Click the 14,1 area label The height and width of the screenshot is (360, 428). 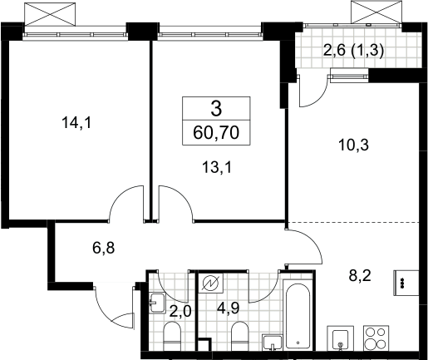[x=76, y=123]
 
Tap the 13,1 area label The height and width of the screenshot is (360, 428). [x=216, y=167]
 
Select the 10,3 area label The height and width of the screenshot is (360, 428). [x=353, y=145]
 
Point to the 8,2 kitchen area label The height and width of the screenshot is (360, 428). [x=360, y=276]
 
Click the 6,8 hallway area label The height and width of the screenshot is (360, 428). [x=104, y=248]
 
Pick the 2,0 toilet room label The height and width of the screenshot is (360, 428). [x=180, y=311]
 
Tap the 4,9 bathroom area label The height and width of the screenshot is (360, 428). [x=228, y=308]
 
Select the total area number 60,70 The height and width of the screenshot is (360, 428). [x=216, y=133]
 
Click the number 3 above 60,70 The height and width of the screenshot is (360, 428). [x=216, y=109]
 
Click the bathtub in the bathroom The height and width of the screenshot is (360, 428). [x=298, y=316]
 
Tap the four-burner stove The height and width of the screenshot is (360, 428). [x=376, y=338]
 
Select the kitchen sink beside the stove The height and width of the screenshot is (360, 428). [x=341, y=338]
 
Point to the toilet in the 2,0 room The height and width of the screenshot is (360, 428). [x=172, y=336]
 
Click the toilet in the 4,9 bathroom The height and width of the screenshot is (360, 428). [x=240, y=336]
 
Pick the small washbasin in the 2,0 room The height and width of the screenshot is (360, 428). [x=157, y=303]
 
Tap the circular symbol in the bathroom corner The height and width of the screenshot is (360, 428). [x=213, y=283]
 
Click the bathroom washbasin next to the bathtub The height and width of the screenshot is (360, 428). [x=273, y=343]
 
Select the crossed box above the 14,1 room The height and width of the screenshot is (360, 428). [x=50, y=14]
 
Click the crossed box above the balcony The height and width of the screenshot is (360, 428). [x=376, y=12]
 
